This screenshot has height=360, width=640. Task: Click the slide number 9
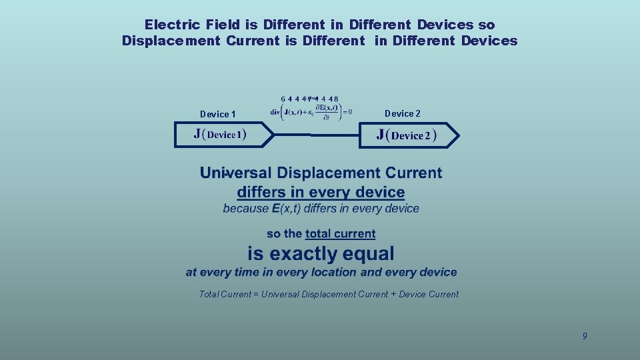coord(585,336)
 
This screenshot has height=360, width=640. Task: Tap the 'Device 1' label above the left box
coord(218,114)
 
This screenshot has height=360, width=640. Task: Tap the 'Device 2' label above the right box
coord(403,113)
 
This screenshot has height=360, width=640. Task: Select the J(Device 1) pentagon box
coord(223,135)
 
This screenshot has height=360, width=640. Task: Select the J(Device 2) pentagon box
coord(408,135)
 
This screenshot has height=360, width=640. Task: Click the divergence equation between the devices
coord(311,112)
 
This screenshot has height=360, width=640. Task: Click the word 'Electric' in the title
coord(173,25)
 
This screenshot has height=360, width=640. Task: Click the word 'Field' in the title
coord(223,25)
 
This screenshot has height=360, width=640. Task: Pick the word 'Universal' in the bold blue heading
coord(236,173)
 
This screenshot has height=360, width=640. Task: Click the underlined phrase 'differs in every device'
coord(321,193)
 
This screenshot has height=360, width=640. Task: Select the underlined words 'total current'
coord(340,234)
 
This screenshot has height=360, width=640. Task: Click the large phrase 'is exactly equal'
coord(321,254)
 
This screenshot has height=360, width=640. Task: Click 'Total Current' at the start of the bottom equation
coord(225,294)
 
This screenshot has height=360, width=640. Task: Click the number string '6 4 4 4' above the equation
coord(294,99)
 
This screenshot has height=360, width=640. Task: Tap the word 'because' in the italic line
coord(245,209)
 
